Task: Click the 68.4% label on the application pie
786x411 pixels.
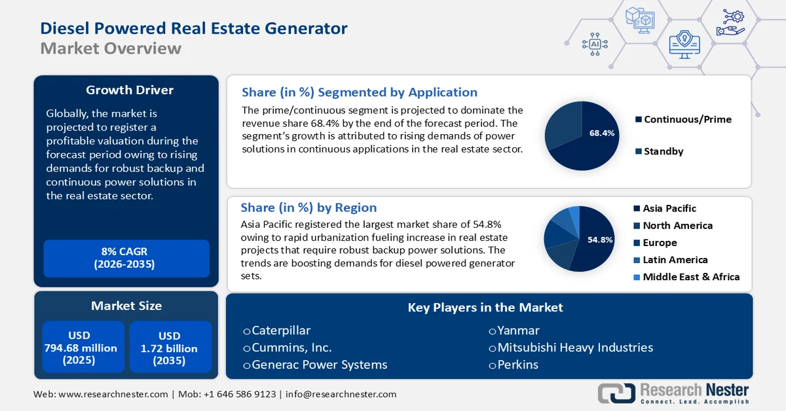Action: (601, 134)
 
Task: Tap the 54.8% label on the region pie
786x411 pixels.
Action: (599, 240)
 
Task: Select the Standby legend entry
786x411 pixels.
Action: (663, 151)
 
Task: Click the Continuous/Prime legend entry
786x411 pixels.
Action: (687, 119)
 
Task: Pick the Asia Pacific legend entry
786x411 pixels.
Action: (669, 208)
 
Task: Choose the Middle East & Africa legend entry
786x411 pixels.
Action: (690, 276)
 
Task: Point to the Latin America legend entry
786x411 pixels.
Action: (675, 259)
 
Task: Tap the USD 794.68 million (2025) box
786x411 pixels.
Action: (83, 348)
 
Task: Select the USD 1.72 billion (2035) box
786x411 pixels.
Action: (170, 348)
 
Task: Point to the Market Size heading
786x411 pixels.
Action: (126, 306)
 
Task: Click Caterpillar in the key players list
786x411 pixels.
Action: (280, 331)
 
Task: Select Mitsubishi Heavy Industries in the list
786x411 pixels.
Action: (574, 348)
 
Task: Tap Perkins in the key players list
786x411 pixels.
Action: (517, 365)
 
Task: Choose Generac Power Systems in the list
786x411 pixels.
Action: (319, 365)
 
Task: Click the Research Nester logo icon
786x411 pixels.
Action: (616, 393)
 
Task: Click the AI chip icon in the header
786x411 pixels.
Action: (595, 44)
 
